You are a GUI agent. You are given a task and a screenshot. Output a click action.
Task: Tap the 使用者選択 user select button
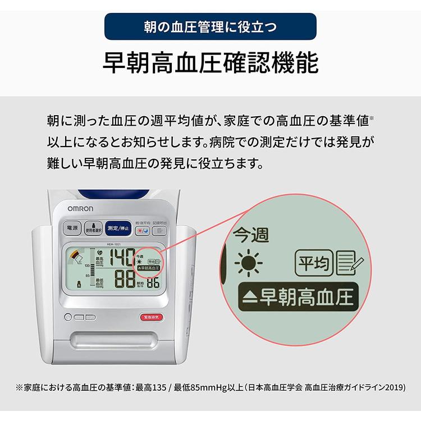[x=93, y=229]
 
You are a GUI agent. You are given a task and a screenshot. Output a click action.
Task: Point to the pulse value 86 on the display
[x=153, y=282]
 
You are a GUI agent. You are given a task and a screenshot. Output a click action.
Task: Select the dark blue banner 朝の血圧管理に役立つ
[x=210, y=26]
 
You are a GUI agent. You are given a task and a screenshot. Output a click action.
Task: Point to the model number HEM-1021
[x=115, y=244]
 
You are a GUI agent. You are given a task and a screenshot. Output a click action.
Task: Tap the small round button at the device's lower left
[x=68, y=317]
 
